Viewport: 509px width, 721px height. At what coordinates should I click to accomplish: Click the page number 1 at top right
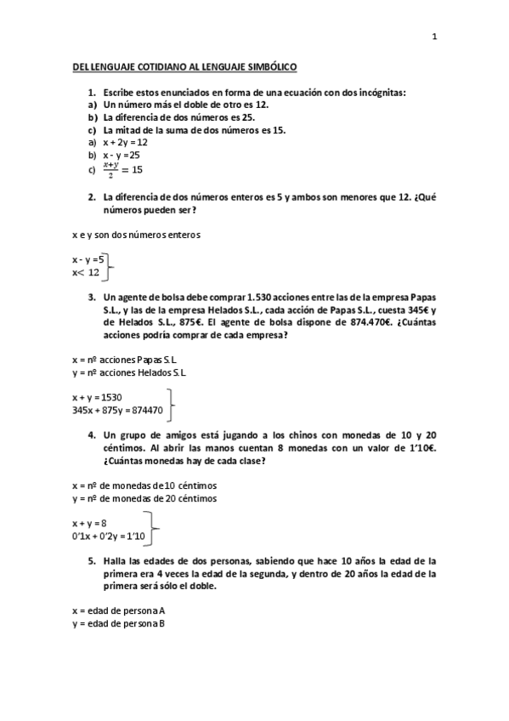[433, 37]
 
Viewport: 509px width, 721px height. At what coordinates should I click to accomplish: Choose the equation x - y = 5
[88, 259]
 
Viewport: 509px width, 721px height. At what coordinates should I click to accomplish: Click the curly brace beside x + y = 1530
[172, 402]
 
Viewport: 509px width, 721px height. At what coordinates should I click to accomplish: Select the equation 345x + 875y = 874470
[117, 409]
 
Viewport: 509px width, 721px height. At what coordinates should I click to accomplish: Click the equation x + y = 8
[89, 524]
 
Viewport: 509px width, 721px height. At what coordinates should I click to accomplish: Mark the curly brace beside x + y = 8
[154, 529]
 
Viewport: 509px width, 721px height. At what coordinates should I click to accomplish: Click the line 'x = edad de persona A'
[118, 610]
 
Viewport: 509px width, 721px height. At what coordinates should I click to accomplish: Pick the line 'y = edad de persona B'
[118, 623]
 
